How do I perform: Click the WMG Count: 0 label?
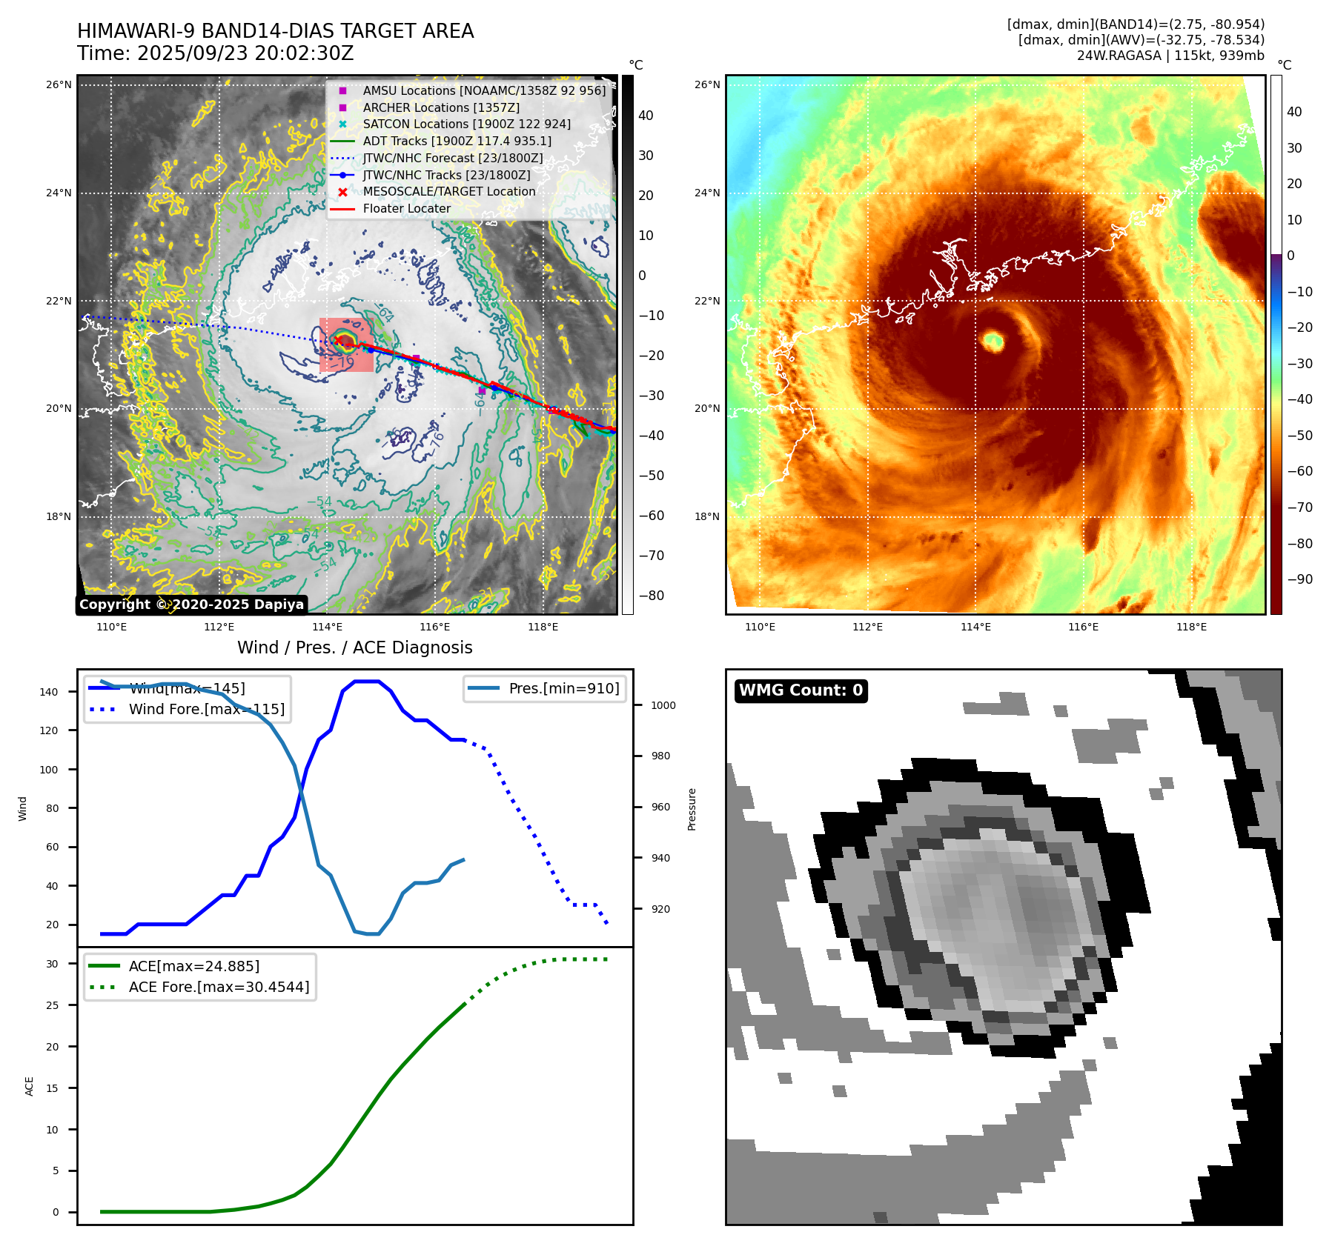(x=801, y=690)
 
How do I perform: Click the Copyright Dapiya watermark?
(x=191, y=605)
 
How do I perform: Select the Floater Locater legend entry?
(x=406, y=209)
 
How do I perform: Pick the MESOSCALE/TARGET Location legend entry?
(x=448, y=192)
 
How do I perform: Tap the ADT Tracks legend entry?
(x=457, y=141)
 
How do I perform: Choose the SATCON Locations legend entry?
(x=466, y=124)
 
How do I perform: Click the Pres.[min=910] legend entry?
(x=563, y=689)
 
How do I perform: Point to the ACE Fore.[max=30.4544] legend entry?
(x=219, y=987)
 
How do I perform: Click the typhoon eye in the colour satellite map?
(x=993, y=342)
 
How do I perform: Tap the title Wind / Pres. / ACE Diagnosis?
(x=354, y=647)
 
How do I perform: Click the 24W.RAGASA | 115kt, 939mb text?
(x=1170, y=56)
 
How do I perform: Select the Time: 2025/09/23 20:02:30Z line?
(x=216, y=54)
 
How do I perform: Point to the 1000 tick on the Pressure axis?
(x=663, y=706)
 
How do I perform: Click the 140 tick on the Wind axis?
(x=49, y=692)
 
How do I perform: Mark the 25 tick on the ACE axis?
(x=52, y=1005)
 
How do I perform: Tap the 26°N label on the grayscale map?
(x=59, y=85)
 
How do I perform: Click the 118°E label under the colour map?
(x=1191, y=627)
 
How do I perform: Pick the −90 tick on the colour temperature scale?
(x=1299, y=579)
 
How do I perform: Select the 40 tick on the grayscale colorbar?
(x=646, y=116)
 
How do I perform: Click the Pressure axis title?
(x=692, y=809)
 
